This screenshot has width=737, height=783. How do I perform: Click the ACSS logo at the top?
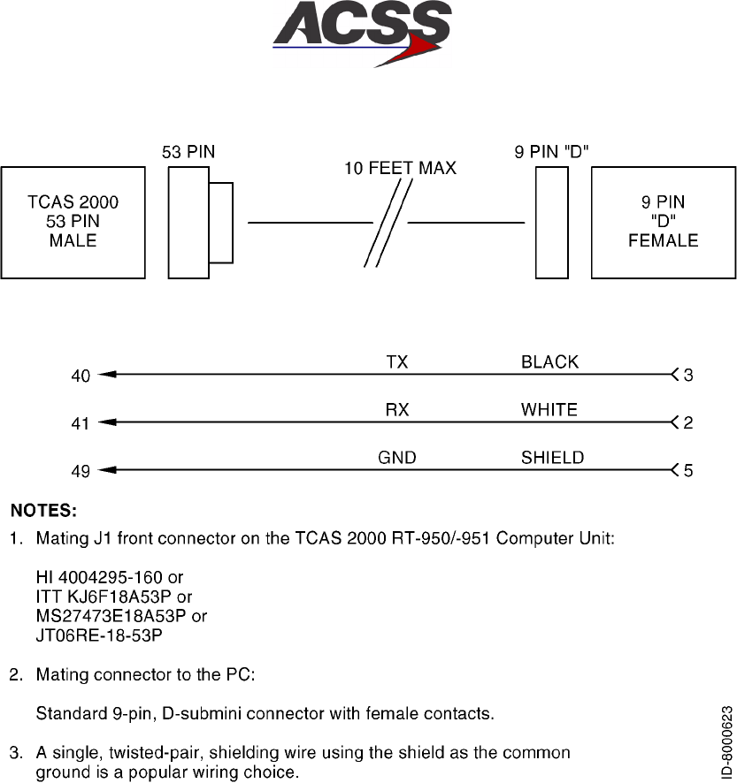(362, 34)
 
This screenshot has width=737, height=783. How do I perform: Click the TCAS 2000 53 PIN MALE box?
(73, 221)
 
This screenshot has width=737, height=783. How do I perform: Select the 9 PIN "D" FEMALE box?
(663, 221)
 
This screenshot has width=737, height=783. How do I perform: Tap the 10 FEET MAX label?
(400, 169)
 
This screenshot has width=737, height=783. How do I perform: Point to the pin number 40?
(81, 376)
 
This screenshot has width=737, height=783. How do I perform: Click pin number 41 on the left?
(81, 423)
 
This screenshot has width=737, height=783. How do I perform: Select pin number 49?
(81, 471)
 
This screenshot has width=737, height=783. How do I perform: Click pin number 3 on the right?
(688, 376)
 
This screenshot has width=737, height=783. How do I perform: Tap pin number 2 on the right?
(688, 423)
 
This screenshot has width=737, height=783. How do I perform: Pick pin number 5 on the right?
(688, 471)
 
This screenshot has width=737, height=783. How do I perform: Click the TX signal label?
(397, 362)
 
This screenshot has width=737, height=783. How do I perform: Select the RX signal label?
(397, 410)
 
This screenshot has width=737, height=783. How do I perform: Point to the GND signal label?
(396, 458)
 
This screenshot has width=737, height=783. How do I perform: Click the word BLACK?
(549, 362)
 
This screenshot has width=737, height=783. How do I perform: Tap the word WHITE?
(549, 410)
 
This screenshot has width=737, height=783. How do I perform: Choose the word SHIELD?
(552, 458)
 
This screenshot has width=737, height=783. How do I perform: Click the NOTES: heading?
(43, 510)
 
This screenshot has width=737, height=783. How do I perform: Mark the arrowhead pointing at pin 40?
(108, 375)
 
